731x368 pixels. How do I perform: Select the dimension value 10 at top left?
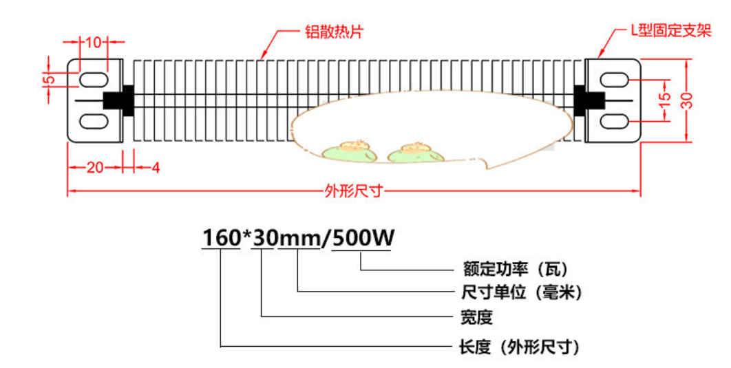[x=93, y=43]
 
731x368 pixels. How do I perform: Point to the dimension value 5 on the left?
[x=49, y=80]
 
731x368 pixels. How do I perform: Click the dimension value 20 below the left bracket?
[x=94, y=167]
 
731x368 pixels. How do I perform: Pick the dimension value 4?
[x=156, y=167]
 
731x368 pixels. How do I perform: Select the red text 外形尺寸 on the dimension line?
[x=352, y=192]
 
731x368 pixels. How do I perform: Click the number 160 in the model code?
[x=220, y=238]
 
